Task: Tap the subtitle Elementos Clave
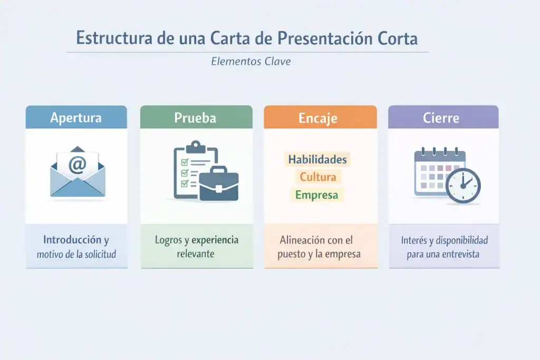pyautogui.click(x=250, y=62)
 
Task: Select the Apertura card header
pyautogui.click(x=76, y=118)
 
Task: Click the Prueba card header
pyautogui.click(x=195, y=118)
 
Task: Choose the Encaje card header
pyautogui.click(x=320, y=118)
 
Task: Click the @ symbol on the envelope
pyautogui.click(x=77, y=165)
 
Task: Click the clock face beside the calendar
pyautogui.click(x=463, y=186)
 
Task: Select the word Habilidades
pyautogui.click(x=317, y=159)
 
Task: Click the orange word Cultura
pyautogui.click(x=317, y=177)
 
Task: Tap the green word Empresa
pyautogui.click(x=316, y=195)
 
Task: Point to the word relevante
pyautogui.click(x=196, y=254)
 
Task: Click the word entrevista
pyautogui.click(x=462, y=254)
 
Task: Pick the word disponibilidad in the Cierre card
pyautogui.click(x=456, y=240)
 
